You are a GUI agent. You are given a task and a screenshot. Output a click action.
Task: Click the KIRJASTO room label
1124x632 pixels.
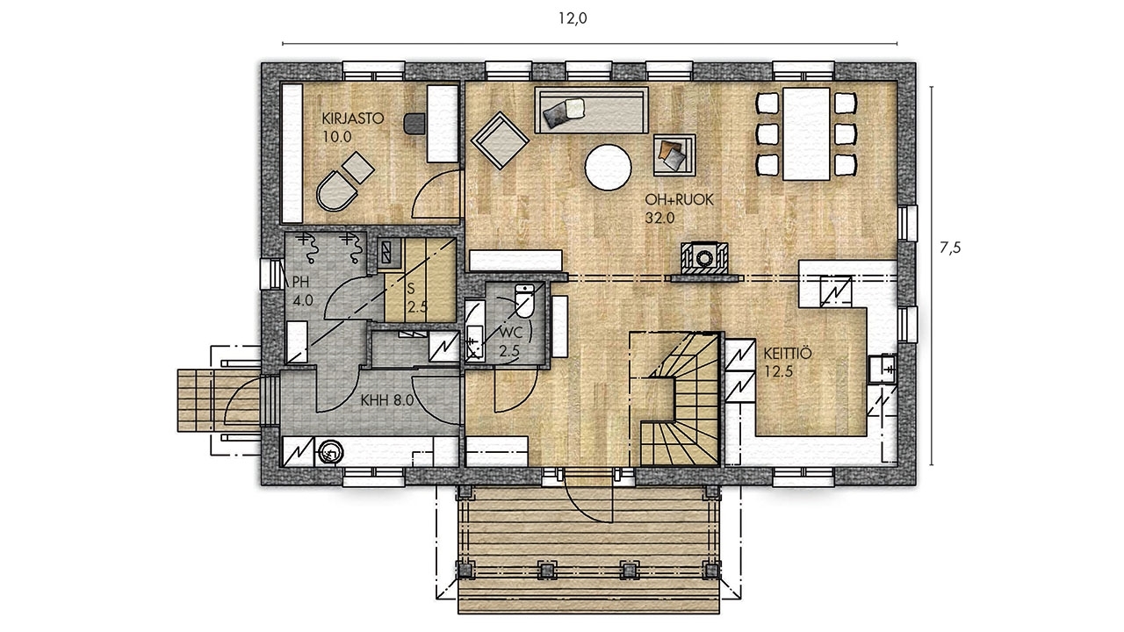coord(353,118)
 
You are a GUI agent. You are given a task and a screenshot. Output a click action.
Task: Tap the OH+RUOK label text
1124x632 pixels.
coord(679,200)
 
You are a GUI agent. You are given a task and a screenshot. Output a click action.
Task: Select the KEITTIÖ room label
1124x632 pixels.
coord(788,354)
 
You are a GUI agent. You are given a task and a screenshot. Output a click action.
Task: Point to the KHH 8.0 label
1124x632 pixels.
coord(387,400)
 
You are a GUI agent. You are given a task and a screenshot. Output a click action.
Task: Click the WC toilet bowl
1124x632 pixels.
coord(524,301)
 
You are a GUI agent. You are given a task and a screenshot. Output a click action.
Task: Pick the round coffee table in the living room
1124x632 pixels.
coord(609,168)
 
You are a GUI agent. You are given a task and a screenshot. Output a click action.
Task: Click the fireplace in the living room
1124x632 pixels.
coord(704,259)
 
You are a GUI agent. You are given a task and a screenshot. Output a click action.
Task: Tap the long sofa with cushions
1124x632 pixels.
coord(591,110)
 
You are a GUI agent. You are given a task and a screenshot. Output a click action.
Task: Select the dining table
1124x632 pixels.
coord(806,134)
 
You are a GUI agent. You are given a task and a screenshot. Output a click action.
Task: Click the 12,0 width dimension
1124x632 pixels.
coord(573,18)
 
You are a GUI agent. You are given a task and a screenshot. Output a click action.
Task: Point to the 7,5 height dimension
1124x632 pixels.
coord(950,248)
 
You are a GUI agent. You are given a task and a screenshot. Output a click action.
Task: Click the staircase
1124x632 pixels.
coord(675,399)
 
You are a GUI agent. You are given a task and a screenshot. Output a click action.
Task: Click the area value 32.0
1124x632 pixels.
coord(659,219)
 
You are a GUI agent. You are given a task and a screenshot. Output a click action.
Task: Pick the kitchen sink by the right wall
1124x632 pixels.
coord(883,369)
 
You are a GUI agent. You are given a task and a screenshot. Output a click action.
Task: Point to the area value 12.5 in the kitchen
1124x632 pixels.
coord(779,372)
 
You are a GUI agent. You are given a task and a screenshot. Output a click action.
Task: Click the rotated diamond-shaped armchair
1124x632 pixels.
coord(500,140)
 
